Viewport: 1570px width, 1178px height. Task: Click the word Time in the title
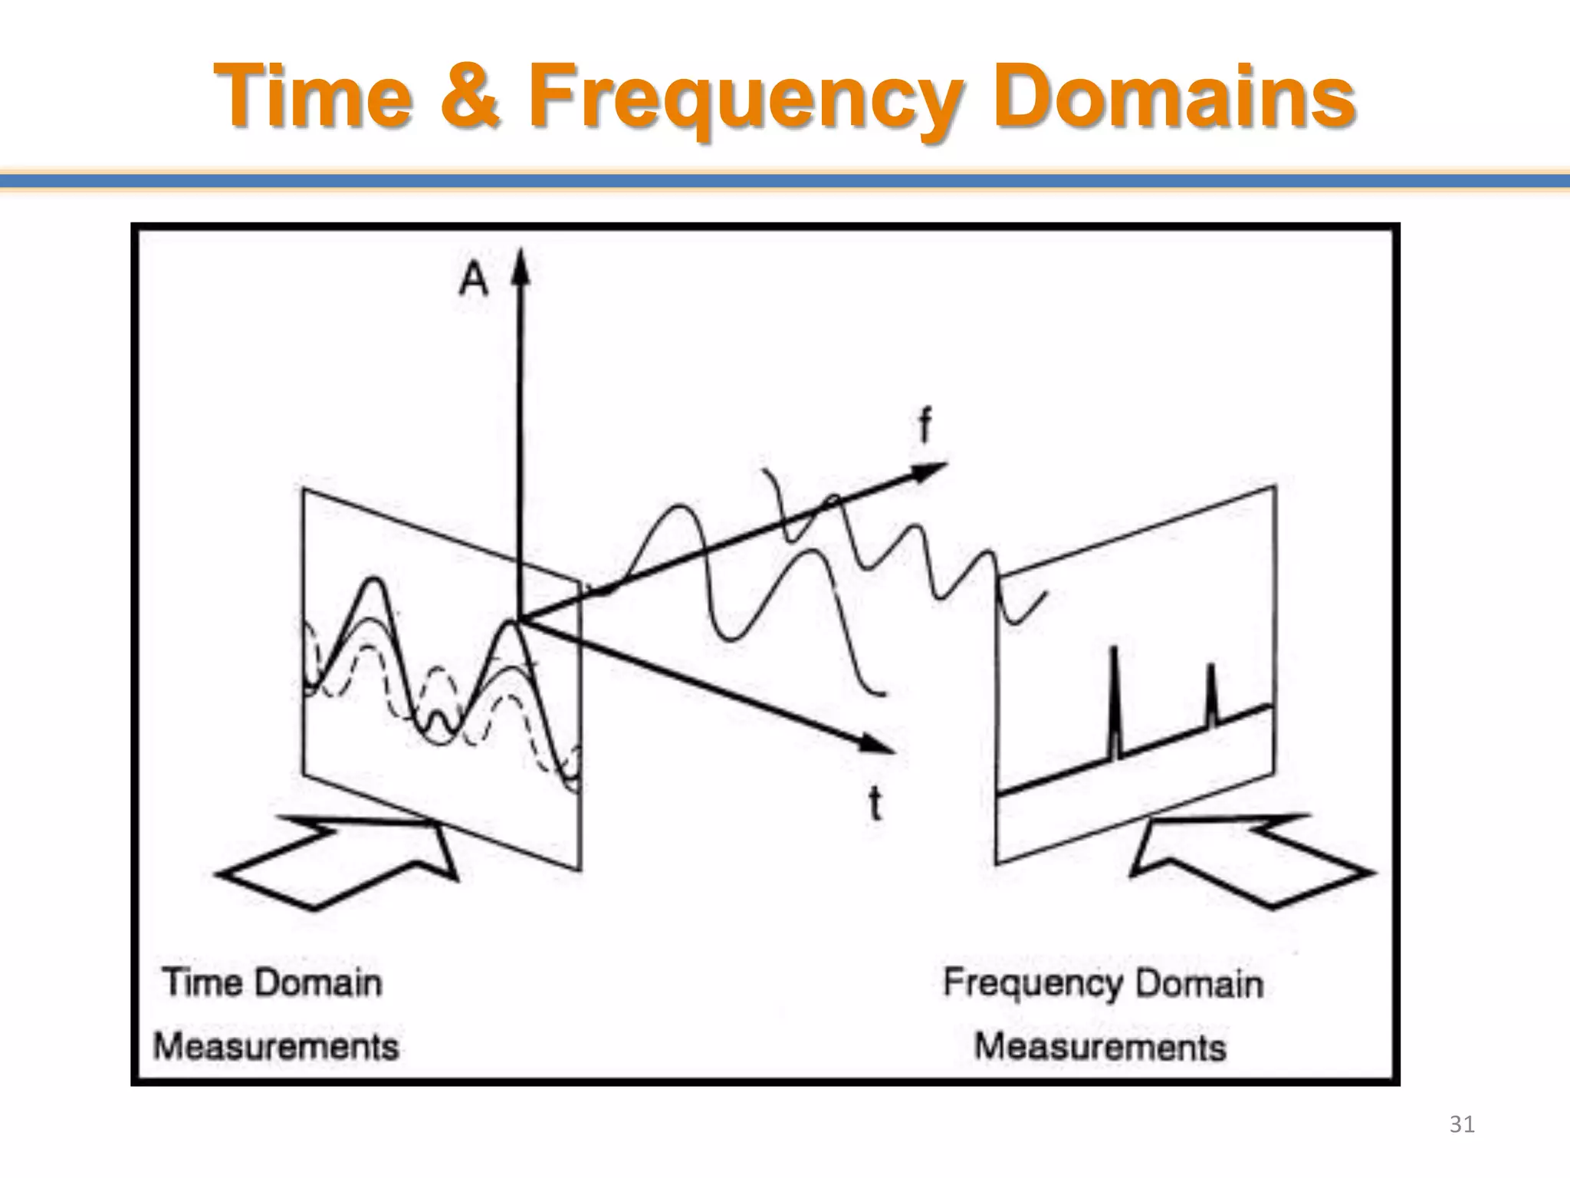[310, 97]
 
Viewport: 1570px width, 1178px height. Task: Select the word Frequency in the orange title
[744, 100]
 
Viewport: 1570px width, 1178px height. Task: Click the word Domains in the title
[1173, 97]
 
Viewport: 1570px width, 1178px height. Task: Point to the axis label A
[473, 279]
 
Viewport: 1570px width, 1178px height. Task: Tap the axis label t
[875, 804]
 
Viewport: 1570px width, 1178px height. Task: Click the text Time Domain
[273, 983]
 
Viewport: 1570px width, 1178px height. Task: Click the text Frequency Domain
[1102, 983]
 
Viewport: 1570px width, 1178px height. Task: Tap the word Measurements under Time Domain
[276, 1047]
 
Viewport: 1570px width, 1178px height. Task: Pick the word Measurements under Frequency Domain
[1100, 1048]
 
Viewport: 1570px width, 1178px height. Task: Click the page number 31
[1462, 1124]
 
